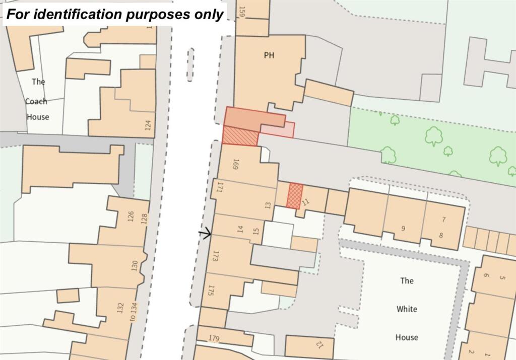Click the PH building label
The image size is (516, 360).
tap(269, 55)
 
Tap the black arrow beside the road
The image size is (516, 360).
tap(205, 233)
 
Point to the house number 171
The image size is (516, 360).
tap(220, 188)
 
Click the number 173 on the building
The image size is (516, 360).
tap(216, 256)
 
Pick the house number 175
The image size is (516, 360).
tap(211, 291)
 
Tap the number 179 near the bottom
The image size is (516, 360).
tap(214, 338)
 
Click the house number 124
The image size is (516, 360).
tap(148, 125)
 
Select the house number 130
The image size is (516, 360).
tap(135, 266)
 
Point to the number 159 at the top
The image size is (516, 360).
tap(242, 12)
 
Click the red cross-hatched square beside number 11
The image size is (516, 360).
tap(294, 196)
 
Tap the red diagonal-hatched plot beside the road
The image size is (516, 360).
tap(240, 136)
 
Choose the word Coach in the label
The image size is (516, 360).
tap(36, 101)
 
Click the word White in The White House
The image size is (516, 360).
tap(406, 309)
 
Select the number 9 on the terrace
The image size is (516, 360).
tap(403, 228)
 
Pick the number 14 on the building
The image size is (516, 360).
tap(240, 229)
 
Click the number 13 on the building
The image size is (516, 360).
tap(268, 205)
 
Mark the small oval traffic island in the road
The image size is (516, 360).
tap(190, 64)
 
